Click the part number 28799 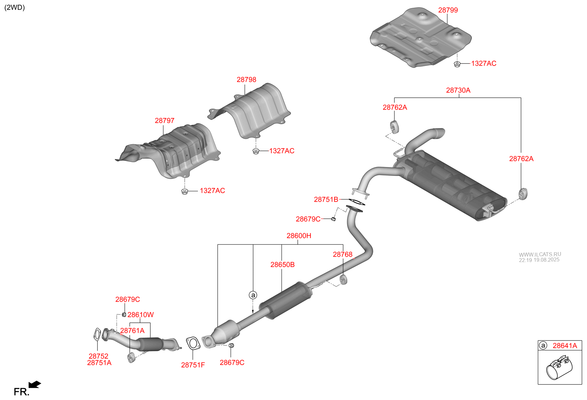tap(448, 10)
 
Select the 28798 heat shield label tap(246, 80)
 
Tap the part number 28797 tap(164, 121)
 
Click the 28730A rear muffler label tap(458, 90)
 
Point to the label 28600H tap(299, 236)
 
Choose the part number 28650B tap(282, 265)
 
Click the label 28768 tap(342, 255)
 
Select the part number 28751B tap(326, 200)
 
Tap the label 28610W tap(140, 315)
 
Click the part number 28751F tap(193, 365)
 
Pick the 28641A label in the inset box tap(565, 346)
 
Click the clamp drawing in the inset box tap(559, 368)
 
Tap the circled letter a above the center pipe tap(253, 295)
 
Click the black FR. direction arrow tap(35, 384)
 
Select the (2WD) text tap(15, 7)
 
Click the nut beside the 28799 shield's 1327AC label tap(457, 64)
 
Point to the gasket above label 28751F tap(193, 343)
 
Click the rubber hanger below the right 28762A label tap(523, 194)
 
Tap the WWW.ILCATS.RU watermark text tap(540, 254)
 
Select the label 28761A tap(132, 331)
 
